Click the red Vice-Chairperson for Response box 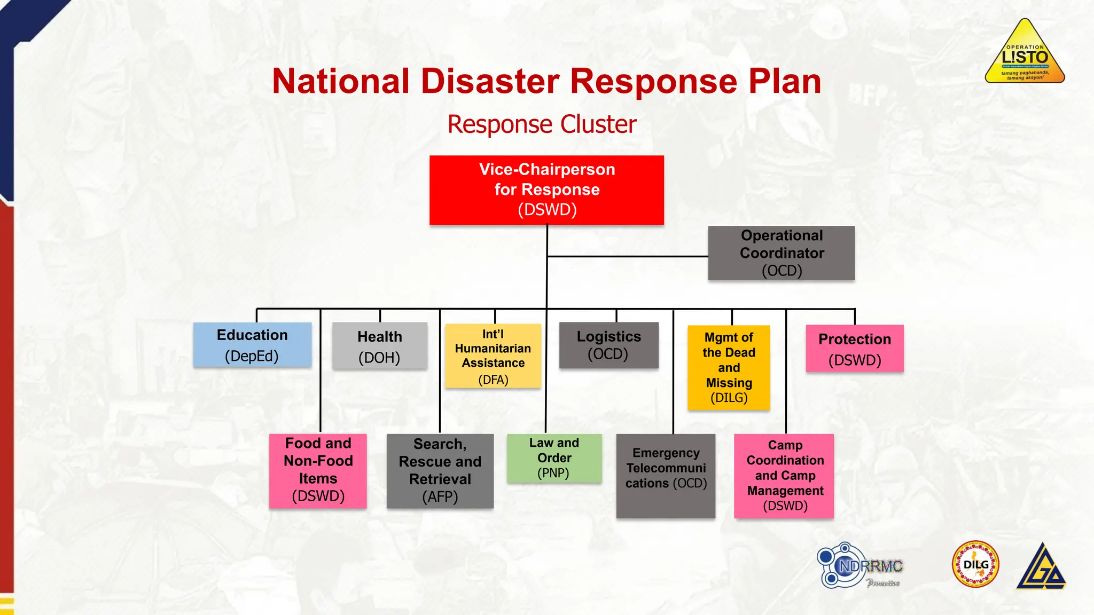click(546, 190)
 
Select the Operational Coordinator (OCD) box click(781, 253)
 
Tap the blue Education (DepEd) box click(252, 344)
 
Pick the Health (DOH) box click(379, 346)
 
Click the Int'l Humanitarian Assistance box click(493, 356)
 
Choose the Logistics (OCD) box click(608, 345)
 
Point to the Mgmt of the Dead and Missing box click(729, 367)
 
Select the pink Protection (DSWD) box click(854, 349)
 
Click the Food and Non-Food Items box click(318, 470)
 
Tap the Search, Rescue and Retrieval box click(440, 470)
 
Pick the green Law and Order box click(554, 458)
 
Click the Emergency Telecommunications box click(666, 475)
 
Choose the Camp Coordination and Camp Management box click(784, 475)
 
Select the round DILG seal click(975, 564)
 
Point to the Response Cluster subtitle click(542, 124)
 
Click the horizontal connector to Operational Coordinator click(628, 256)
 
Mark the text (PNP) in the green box click(553, 473)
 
